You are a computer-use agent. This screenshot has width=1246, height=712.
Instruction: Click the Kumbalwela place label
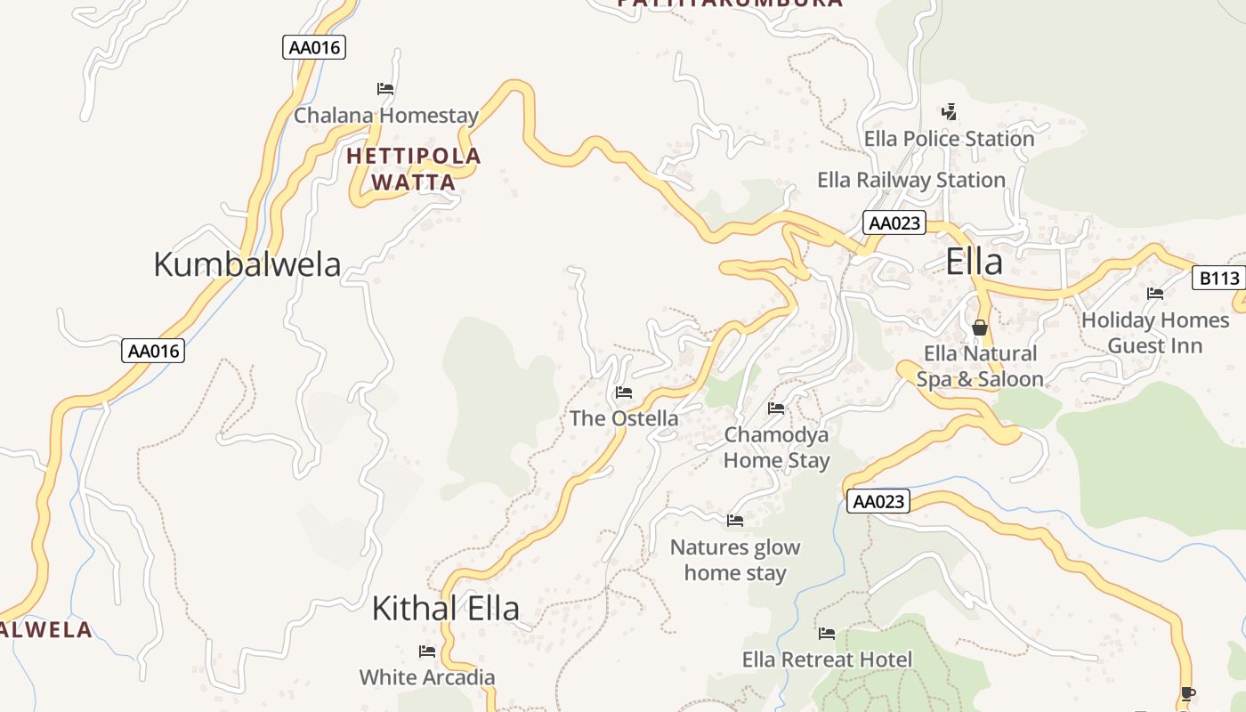(x=247, y=264)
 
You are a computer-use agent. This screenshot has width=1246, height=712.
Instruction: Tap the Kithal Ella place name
(x=445, y=609)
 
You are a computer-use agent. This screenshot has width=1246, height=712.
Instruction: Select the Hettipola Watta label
(x=413, y=169)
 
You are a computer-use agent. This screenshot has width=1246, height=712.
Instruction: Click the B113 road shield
(x=1218, y=279)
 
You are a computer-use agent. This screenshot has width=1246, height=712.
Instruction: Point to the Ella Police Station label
(x=949, y=139)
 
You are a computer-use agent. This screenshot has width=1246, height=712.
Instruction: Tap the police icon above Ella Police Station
(x=949, y=112)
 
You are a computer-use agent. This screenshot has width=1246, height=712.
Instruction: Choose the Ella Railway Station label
(x=911, y=180)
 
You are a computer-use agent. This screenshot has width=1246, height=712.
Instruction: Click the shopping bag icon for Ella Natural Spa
(x=980, y=328)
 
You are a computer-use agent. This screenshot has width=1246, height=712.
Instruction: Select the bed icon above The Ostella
(x=624, y=392)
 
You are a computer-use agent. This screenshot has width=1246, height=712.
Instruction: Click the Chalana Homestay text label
(x=386, y=116)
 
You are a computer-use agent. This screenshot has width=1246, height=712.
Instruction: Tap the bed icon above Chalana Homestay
(x=385, y=89)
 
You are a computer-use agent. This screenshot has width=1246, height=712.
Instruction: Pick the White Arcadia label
(x=427, y=677)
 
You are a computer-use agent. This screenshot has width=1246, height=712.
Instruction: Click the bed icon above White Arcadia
(x=427, y=651)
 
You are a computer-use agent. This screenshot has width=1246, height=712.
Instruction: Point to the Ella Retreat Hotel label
(x=828, y=659)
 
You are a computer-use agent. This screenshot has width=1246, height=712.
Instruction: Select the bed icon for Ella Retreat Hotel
(x=827, y=634)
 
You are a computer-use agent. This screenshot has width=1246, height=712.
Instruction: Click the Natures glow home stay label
(x=735, y=560)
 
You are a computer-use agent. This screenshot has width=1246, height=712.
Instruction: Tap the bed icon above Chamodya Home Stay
(x=776, y=409)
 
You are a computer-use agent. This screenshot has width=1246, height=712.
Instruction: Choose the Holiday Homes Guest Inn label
(x=1155, y=333)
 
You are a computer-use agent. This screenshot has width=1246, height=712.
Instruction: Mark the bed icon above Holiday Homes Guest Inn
(x=1155, y=293)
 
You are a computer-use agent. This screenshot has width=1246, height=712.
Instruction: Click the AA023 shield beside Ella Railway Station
(x=894, y=222)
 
